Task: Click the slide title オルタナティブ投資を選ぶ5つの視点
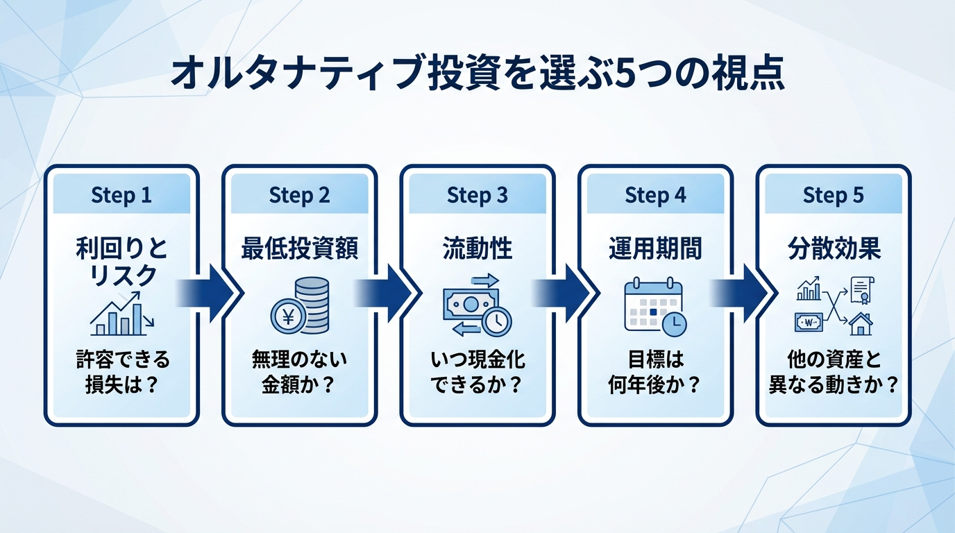tap(477, 74)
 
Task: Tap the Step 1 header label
tap(121, 195)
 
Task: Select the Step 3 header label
tap(477, 195)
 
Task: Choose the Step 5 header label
tap(833, 195)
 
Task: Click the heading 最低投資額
tap(300, 249)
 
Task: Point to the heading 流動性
tap(477, 249)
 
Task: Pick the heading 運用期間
tap(655, 249)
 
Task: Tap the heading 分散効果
tap(833, 249)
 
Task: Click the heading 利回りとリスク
tap(121, 262)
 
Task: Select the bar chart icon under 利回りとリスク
tap(122, 316)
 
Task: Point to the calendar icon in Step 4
tap(651, 303)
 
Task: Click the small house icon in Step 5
tap(861, 323)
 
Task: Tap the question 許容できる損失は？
tap(121, 372)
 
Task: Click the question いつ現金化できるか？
tap(477, 372)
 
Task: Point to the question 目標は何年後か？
tap(655, 372)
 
